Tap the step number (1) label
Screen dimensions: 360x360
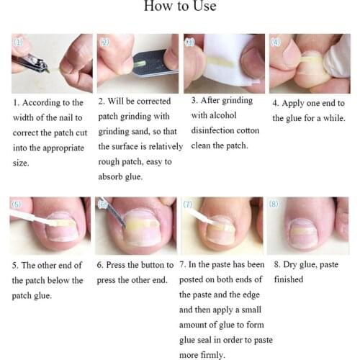point(19,42)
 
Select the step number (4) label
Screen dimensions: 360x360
point(276,42)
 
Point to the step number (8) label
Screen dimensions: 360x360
point(274,204)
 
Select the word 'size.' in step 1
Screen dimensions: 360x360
point(21,163)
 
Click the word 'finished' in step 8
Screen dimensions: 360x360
point(288,279)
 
